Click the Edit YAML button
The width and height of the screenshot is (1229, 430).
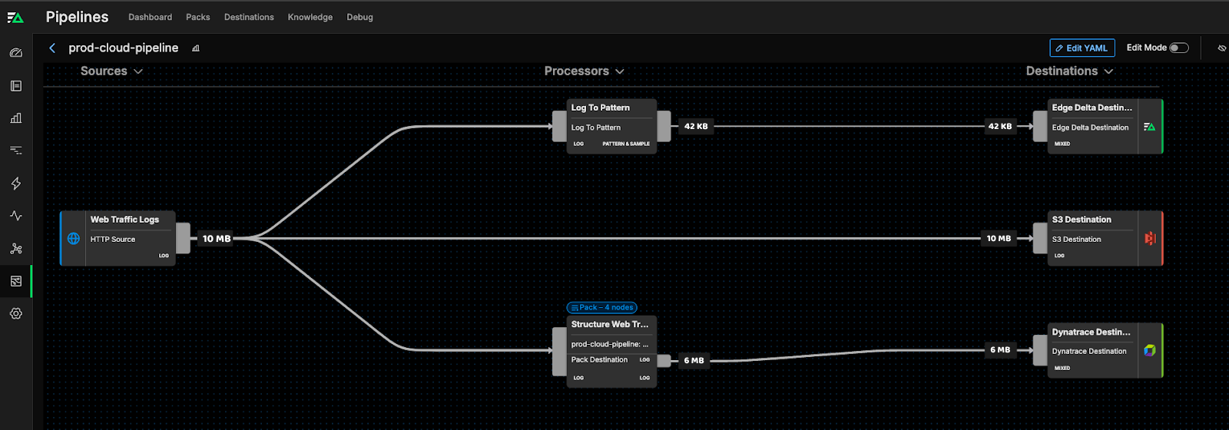coord(1082,48)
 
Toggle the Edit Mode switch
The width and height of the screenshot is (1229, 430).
coord(1178,48)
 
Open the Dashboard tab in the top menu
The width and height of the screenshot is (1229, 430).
coord(150,17)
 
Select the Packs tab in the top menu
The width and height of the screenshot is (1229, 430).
coord(197,17)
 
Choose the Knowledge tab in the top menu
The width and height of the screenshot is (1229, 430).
coord(310,17)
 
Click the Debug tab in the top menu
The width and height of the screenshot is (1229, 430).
coord(359,17)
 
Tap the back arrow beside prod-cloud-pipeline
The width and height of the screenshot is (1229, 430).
coord(52,48)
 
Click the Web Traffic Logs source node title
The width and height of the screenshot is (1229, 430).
coord(124,220)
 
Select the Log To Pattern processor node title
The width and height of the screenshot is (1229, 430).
coord(600,107)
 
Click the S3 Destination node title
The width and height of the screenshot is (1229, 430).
coord(1081,220)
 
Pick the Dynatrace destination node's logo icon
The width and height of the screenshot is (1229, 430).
coord(1149,350)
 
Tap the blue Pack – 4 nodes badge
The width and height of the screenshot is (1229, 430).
coord(601,307)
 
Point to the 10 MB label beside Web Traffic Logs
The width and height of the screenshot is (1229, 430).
coord(216,239)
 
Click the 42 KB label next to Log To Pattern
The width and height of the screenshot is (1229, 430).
coord(695,126)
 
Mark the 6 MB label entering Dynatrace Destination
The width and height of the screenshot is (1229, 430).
coord(999,349)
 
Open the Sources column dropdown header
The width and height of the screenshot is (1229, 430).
coord(111,71)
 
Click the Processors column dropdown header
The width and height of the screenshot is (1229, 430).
coord(584,71)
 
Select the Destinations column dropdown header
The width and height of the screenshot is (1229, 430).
coord(1069,71)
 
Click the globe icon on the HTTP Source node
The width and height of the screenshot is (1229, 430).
coord(74,239)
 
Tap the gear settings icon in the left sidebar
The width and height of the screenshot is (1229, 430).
coord(16,313)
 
